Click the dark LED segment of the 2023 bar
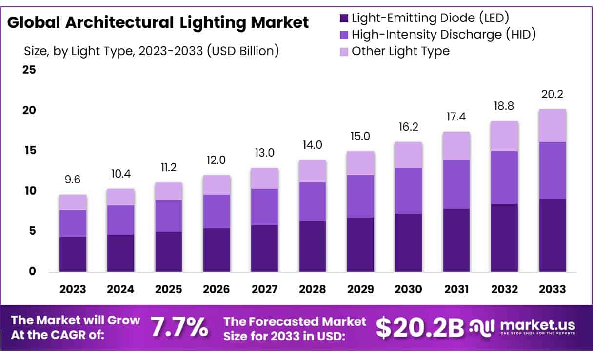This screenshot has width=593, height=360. [73, 254]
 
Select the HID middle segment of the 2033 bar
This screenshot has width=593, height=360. [553, 170]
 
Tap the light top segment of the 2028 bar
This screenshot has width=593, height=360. [313, 171]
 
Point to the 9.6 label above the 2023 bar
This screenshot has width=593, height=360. [73, 180]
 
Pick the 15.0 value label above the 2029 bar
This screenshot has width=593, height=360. [360, 137]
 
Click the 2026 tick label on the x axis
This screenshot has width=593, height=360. [217, 289]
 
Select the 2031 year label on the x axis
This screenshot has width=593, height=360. [456, 289]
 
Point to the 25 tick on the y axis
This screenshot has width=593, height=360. [29, 70]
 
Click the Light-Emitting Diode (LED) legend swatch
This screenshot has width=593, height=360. [344, 19]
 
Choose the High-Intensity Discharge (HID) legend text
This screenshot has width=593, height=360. [443, 35]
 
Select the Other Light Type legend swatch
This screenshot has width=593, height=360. [344, 51]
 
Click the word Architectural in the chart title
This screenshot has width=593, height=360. [121, 22]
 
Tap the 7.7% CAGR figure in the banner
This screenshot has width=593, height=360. [178, 327]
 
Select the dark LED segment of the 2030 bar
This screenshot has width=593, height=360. [408, 242]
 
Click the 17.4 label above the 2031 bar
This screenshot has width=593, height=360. [456, 118]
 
